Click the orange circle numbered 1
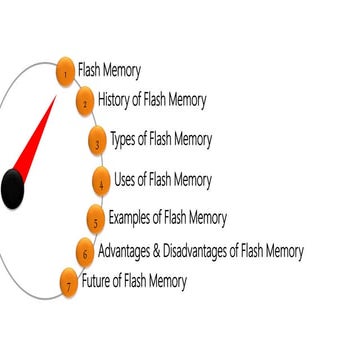pos(66,72)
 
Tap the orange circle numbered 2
pos(85,102)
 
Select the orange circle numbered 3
pos(98,142)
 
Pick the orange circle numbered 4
pos(101,182)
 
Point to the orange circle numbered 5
pos(95,218)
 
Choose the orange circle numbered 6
pos(85,252)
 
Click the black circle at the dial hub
pos(11,188)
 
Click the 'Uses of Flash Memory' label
pos(163,180)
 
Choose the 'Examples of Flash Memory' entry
pos(167,217)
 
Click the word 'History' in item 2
pos(116,100)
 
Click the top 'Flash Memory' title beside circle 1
pos(109,71)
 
